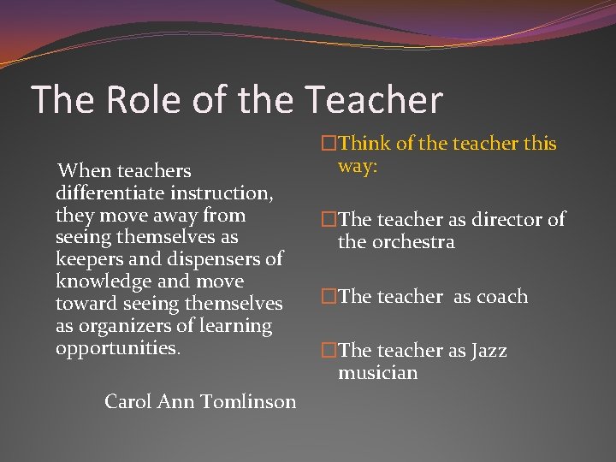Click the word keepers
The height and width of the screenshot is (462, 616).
point(88,259)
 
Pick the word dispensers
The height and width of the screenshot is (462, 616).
point(221,259)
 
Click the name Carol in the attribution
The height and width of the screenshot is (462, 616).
point(128,400)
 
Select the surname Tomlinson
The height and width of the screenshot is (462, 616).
point(249,400)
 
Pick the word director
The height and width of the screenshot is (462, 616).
point(500,220)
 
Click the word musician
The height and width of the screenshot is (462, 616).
point(377,373)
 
